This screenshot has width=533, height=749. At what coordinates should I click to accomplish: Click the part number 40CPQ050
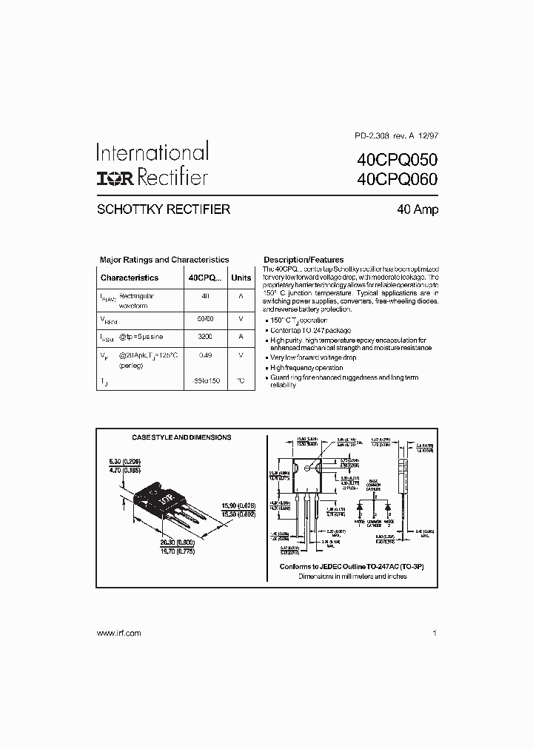(397, 159)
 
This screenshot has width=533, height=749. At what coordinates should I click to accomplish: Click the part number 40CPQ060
(397, 178)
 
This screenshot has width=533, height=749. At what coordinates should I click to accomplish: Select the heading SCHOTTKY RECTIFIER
(164, 209)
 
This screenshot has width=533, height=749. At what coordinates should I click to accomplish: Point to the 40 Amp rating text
(418, 209)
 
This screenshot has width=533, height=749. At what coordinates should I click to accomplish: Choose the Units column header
(241, 278)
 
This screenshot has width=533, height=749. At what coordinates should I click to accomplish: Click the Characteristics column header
(130, 278)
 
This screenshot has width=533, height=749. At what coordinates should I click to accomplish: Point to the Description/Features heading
(304, 260)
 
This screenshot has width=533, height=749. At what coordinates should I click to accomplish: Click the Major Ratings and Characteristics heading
(164, 260)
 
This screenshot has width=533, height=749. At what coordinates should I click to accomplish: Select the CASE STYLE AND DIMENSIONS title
(181, 437)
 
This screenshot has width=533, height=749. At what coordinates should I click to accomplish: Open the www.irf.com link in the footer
(118, 633)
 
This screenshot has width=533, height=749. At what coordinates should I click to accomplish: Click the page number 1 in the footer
(435, 633)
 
